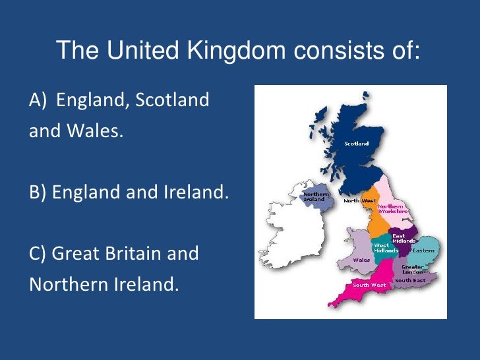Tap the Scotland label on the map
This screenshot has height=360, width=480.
[356, 143]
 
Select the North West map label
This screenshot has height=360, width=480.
[359, 200]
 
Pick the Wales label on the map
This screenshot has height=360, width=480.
[361, 260]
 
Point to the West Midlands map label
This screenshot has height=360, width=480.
[386, 247]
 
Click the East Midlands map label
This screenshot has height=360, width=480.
[403, 238]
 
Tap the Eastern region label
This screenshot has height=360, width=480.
[423, 251]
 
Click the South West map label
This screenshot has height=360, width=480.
[369, 285]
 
